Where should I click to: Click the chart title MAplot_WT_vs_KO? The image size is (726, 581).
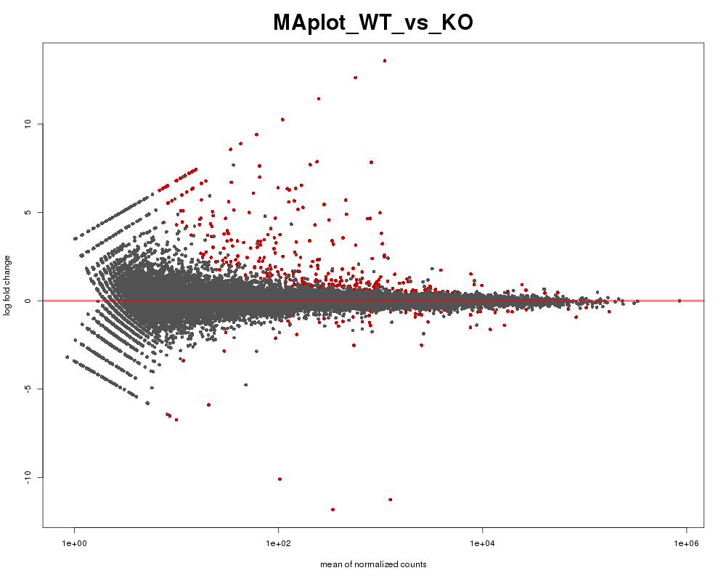[x=373, y=23]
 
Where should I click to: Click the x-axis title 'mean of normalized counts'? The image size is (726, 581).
[x=373, y=564]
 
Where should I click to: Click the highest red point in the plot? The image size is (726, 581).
[x=385, y=60]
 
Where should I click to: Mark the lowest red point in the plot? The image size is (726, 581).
[x=333, y=510]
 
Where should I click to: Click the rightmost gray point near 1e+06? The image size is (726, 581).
[x=680, y=300]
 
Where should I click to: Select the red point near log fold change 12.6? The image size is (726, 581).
[x=355, y=77]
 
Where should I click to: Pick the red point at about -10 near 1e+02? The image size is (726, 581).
[x=280, y=479]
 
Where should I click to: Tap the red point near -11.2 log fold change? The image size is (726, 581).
[x=391, y=500]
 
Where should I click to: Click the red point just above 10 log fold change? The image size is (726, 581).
[x=282, y=119]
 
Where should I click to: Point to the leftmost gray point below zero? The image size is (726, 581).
[x=67, y=357]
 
